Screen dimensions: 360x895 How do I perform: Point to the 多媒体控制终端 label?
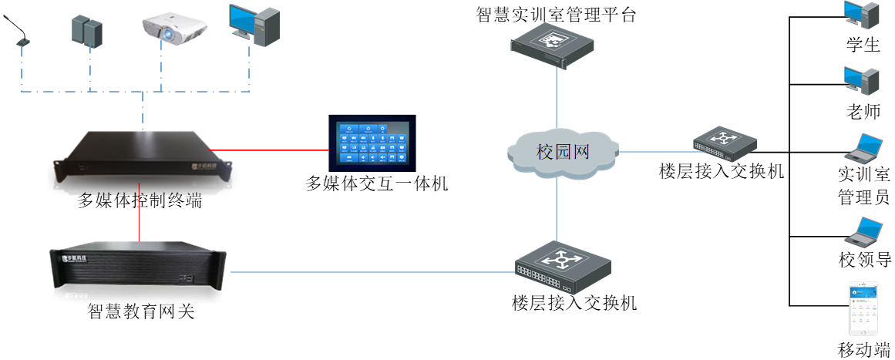[140, 202]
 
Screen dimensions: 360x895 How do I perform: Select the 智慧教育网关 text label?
[141, 312]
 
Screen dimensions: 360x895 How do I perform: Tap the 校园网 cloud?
[564, 152]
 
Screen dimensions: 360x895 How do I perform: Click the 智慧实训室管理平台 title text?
[556, 15]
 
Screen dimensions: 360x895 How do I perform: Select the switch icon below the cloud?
[563, 264]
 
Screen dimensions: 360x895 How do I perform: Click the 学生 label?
[863, 45]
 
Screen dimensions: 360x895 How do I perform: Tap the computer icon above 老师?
[861, 80]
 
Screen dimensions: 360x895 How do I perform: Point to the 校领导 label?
[864, 260]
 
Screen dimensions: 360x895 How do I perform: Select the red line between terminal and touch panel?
[270, 149]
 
